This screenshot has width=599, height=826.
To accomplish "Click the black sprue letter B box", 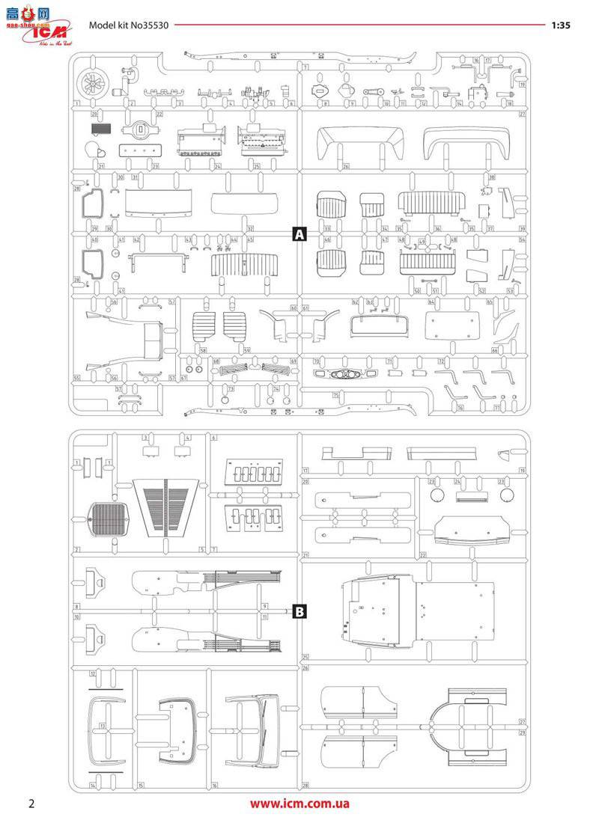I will pyautogui.click(x=299, y=612).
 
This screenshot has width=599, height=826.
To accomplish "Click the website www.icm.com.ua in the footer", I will pyautogui.click(x=299, y=804).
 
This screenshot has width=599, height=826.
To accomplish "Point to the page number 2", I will pyautogui.click(x=31, y=804).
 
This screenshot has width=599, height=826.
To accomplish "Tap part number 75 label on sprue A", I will pyautogui.click(x=336, y=394).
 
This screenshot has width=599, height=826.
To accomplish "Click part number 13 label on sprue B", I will pyautogui.click(x=101, y=726).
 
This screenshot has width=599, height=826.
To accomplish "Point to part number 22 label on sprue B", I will pyautogui.click(x=423, y=555).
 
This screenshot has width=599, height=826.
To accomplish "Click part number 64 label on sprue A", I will pyautogui.click(x=431, y=302).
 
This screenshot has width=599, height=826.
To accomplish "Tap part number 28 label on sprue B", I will pyautogui.click(x=305, y=786).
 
